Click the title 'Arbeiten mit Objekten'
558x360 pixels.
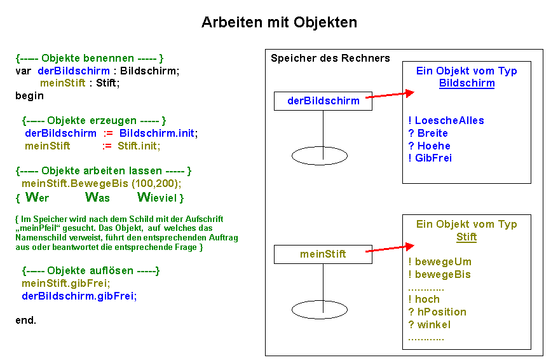pos(279,22)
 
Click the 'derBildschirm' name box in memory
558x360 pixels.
pos(323,100)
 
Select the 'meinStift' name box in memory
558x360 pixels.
pos(323,254)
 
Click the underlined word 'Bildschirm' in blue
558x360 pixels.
pos(466,83)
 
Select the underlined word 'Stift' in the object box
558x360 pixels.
pos(466,237)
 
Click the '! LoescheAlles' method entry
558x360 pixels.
pos(446,121)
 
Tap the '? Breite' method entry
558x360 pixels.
pos(428,134)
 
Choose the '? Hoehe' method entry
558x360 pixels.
pos(429,146)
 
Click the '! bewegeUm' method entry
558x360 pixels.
pos(440,262)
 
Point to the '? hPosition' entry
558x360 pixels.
pos(437,312)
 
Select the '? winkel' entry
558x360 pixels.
pos(430,325)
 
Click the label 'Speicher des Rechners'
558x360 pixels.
pos(330,59)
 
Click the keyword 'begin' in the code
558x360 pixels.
pos(30,95)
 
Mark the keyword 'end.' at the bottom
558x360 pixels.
pos(26,320)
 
